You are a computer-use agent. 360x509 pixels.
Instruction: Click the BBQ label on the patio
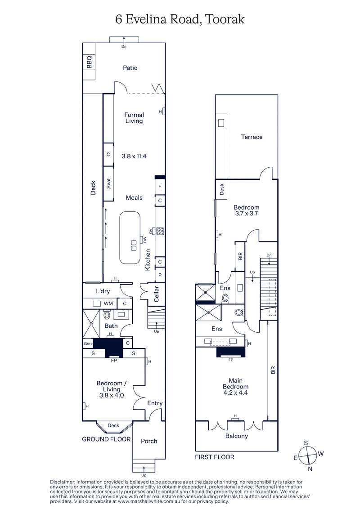pos(89,62)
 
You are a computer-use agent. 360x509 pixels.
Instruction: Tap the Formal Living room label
pos(134,118)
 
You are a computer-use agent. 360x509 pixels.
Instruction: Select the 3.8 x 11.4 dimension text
pos(134,156)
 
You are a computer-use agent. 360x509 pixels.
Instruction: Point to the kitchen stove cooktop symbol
pos(160,232)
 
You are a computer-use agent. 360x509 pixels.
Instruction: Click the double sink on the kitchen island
pos(134,245)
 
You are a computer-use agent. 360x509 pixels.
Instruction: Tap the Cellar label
pos(157,293)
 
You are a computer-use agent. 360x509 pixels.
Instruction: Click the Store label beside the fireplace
pos(88,344)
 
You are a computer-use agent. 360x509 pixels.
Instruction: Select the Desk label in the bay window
pos(113,425)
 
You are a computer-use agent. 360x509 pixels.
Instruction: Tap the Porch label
pos(149,441)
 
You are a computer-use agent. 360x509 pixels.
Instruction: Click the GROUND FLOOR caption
pos(106,439)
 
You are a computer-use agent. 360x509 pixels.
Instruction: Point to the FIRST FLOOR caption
pos(215,457)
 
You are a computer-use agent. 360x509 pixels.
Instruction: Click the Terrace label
pos(252,137)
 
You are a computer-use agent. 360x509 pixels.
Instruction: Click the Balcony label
pos(236,436)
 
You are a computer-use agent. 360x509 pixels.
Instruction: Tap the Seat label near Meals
pos(108,183)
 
